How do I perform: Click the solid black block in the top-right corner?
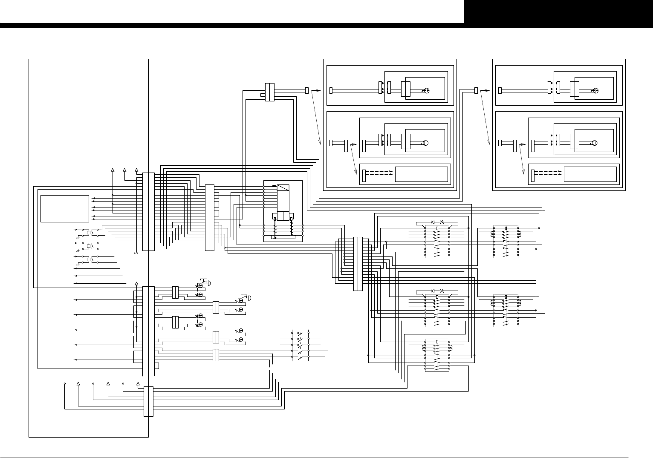(x=558, y=12)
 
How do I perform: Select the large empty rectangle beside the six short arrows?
(x=65, y=209)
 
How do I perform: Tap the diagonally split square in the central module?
(x=283, y=188)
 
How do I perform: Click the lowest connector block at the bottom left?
(x=148, y=401)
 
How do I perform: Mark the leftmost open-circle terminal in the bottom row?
(x=65, y=383)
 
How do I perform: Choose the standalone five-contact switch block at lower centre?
(x=300, y=346)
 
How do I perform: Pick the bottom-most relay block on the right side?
(x=437, y=355)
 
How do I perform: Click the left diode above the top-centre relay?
(x=433, y=222)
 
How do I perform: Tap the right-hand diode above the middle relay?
(x=442, y=291)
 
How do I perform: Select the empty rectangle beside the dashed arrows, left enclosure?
(x=422, y=174)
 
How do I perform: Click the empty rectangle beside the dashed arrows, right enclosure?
(x=590, y=174)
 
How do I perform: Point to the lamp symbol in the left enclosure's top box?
(x=426, y=90)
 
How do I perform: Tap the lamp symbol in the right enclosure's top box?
(x=595, y=90)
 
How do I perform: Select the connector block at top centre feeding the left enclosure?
(x=269, y=92)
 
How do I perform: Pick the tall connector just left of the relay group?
(x=358, y=264)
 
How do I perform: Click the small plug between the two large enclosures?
(x=476, y=90)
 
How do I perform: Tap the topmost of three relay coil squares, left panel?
(x=89, y=232)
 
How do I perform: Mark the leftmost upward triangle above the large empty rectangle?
(x=113, y=170)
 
